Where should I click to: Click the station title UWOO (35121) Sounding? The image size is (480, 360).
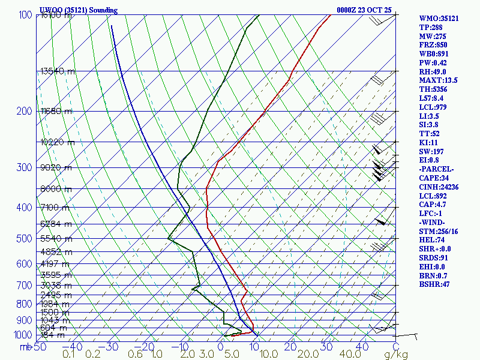coord(78,10)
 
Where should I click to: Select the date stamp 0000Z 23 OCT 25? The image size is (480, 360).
coord(364,10)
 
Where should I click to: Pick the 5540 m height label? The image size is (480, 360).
coord(56,238)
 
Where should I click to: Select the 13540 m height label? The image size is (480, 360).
coord(58,71)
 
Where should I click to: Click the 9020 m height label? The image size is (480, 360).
coord(56,167)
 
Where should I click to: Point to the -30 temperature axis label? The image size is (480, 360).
coord(110,346)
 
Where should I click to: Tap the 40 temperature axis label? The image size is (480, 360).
coord(362,346)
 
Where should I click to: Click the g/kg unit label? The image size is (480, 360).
coord(396,355)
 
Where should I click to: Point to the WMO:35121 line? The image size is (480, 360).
coord(439,18)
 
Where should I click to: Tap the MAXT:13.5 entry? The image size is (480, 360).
coord(438,80)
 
